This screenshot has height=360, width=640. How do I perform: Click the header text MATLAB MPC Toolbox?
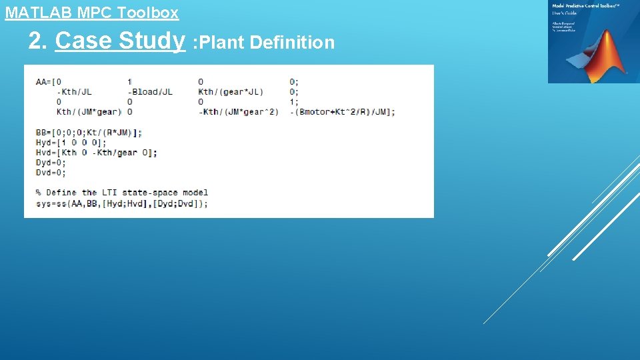pos(92,13)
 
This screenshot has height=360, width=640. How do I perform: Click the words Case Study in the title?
pos(120,41)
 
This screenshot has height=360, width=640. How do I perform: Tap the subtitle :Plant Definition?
pos(263,43)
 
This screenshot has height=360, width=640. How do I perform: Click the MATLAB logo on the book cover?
pos(603,57)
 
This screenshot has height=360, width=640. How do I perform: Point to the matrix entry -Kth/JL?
pos(74,92)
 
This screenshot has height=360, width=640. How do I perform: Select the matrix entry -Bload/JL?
pos(150,92)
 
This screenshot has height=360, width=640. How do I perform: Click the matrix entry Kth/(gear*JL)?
pos(231,92)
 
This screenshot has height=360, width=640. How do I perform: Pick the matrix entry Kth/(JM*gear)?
pos(89,112)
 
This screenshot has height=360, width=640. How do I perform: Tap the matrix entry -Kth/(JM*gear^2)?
pos(238,112)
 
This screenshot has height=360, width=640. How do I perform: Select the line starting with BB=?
pos(89,133)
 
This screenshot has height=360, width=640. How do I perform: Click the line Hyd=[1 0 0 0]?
pos(71,143)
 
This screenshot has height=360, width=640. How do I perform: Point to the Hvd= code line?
pos(97,153)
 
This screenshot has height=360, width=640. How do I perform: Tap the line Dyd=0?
pos(51,163)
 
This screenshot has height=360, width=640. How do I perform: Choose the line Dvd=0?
pos(51,173)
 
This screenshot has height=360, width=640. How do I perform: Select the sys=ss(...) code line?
pos(122,203)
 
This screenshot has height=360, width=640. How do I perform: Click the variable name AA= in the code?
pos(43,82)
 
